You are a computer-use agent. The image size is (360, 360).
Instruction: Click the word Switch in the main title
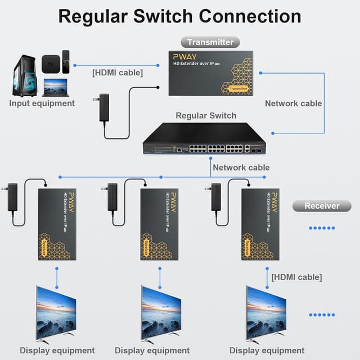point(159,16)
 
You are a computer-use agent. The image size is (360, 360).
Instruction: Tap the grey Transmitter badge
point(210,42)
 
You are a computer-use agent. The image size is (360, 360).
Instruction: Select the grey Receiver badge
point(322,206)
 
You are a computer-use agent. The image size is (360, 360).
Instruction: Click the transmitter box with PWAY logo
point(210,73)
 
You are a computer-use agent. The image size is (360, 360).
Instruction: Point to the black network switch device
point(204,140)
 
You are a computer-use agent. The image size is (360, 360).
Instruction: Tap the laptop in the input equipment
point(55,87)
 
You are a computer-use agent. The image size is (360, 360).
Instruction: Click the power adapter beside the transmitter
point(104,107)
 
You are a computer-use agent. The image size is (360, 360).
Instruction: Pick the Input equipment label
point(42,103)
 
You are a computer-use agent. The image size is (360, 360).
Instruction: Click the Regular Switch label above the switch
point(206,116)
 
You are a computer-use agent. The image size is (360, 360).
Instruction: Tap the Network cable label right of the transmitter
point(293,103)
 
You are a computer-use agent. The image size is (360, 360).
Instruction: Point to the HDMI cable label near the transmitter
point(117,73)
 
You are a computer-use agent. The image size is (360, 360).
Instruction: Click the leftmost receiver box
point(57,224)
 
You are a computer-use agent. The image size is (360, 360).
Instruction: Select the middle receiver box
point(159,224)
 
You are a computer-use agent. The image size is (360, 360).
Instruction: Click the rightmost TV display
point(266,313)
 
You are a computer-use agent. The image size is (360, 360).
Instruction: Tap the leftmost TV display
point(56,313)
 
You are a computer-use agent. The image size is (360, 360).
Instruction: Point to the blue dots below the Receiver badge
point(322,228)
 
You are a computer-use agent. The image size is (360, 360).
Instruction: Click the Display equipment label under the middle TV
point(152,351)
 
